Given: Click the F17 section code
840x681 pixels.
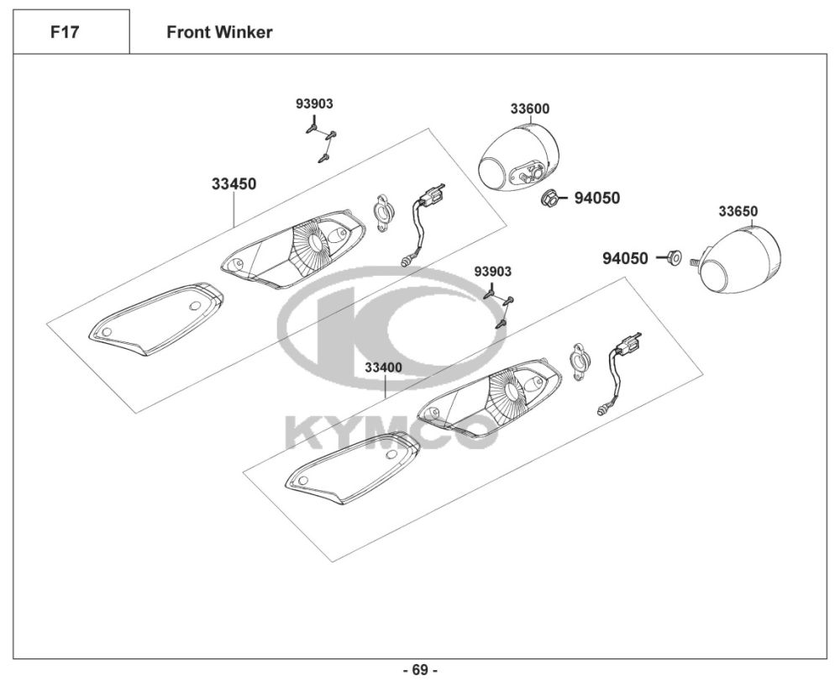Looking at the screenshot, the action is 65,32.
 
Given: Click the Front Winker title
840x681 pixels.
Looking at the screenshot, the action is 219,32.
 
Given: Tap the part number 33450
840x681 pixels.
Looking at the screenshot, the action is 234,184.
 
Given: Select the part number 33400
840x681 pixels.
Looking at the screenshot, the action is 384,368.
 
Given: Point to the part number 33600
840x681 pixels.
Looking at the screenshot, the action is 530,108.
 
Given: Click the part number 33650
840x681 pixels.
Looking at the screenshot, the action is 738,211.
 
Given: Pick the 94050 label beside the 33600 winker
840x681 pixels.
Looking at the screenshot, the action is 597,198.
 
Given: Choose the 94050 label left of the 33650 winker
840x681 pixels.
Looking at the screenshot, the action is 625,258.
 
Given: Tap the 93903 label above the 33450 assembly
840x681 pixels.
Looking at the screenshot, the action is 314,103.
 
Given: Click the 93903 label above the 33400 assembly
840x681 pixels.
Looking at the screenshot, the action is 493,272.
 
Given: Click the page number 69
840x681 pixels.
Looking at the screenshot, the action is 421,670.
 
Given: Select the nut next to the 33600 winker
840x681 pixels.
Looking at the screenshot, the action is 549,198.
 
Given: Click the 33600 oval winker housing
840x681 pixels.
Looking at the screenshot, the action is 519,158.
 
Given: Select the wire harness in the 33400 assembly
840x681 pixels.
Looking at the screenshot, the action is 619,374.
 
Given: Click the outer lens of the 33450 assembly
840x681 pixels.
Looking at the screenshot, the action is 156,319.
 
